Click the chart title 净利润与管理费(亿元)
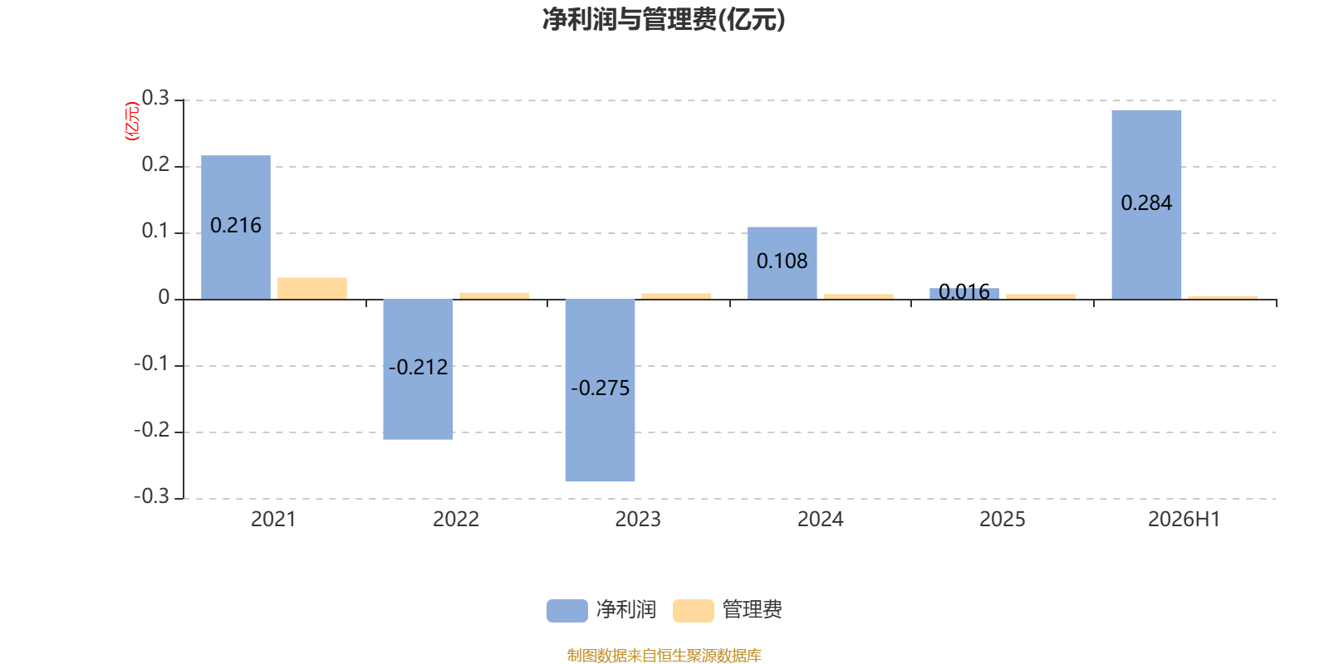point(664,20)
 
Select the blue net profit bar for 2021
point(236,227)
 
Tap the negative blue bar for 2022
point(418,369)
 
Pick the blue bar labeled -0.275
point(600,390)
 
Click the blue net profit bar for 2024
point(782,263)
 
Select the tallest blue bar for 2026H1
point(1146,204)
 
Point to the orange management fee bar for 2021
point(312,288)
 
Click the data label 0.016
point(964,291)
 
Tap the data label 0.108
point(782,261)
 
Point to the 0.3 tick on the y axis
point(155,98)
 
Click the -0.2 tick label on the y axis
point(152,430)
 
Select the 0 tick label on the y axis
point(164,297)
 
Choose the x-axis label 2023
point(638,520)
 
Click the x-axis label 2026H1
point(1184,520)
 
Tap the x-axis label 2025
point(1002,520)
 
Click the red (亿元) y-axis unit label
point(132,121)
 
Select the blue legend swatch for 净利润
point(567,611)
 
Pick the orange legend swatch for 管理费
point(693,611)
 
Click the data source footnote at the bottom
point(664,655)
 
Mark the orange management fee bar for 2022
point(494,295)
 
